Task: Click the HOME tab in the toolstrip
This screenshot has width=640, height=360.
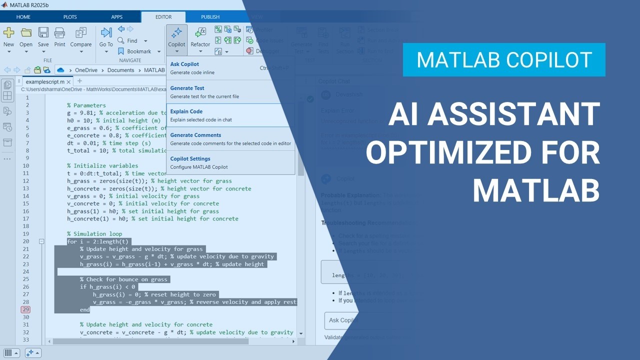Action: (23, 17)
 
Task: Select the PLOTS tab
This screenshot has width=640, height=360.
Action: (70, 17)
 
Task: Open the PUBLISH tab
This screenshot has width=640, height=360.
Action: (210, 17)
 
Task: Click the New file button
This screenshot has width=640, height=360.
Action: (9, 37)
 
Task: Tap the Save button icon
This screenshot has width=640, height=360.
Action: (43, 33)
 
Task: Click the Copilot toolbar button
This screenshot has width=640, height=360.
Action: (176, 37)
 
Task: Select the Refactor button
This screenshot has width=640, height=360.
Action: (200, 37)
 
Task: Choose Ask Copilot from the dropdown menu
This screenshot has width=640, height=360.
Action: (184, 64)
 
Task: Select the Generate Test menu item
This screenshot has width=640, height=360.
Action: (187, 88)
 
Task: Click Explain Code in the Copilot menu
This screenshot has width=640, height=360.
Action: (186, 111)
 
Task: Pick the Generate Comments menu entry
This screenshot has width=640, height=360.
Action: (196, 135)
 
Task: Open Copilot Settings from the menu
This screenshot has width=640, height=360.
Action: (190, 159)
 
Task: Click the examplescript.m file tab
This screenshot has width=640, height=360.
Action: (44, 81)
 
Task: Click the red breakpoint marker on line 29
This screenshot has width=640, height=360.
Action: (25, 309)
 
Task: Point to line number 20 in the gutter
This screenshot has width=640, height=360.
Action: (25, 241)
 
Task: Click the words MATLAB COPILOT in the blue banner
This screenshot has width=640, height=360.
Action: (504, 60)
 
